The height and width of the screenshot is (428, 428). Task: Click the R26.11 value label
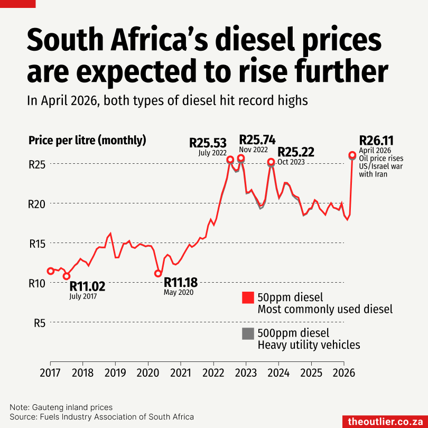[x=376, y=141]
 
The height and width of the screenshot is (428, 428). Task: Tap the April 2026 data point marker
[x=352, y=155]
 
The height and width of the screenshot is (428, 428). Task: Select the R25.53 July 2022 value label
[x=208, y=143]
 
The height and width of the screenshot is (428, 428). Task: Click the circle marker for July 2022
[x=230, y=160]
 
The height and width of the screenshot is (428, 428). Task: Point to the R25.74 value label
[x=257, y=139]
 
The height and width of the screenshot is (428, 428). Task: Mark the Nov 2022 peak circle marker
[x=241, y=158]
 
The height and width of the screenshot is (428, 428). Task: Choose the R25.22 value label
[x=296, y=152]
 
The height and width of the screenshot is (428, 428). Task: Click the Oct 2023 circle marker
[x=271, y=162]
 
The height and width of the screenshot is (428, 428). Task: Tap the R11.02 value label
[x=87, y=286]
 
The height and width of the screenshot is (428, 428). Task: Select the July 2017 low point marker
[x=67, y=276]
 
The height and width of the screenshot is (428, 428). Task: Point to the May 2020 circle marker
[x=158, y=273]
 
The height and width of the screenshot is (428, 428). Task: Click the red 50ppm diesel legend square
[x=247, y=297]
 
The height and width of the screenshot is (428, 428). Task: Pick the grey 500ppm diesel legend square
[x=247, y=333]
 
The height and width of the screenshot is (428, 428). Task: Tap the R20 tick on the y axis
[x=36, y=203]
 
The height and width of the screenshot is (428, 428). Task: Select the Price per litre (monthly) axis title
[x=87, y=141]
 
